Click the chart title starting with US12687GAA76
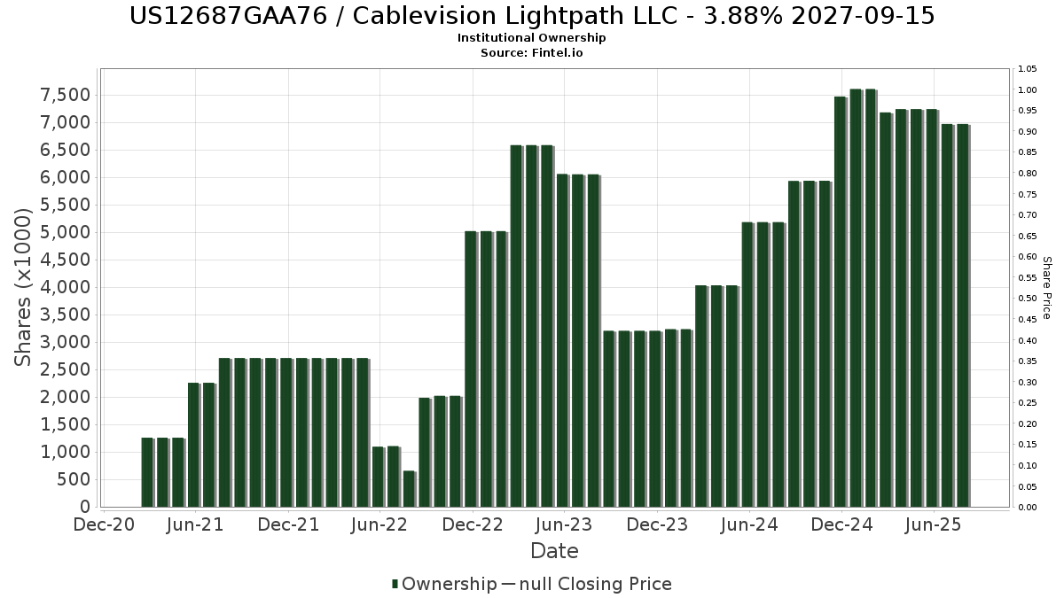[532, 16]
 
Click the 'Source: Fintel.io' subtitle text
[532, 53]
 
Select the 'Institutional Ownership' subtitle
[532, 38]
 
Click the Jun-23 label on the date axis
[563, 524]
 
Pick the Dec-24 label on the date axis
[841, 524]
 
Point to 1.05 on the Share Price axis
[1027, 69]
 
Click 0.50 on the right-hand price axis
[1027, 299]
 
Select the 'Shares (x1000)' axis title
[25, 287]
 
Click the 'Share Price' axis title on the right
[1046, 287]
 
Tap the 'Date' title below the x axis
[554, 551]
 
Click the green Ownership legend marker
[395, 584]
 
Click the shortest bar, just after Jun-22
[409, 489]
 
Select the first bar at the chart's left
[147, 472]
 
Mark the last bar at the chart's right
[962, 315]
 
